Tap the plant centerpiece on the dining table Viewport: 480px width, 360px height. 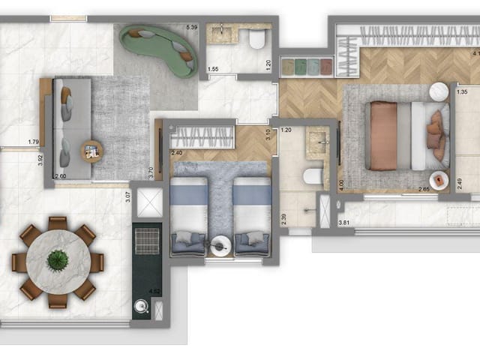pyautogui.click(x=58, y=259)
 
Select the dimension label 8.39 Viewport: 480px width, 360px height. pyautogui.click(x=191, y=28)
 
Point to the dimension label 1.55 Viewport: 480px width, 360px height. pyautogui.click(x=213, y=69)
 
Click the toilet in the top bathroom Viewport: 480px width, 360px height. pyautogui.click(x=257, y=40)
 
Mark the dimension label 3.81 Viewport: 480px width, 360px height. pyautogui.click(x=344, y=223)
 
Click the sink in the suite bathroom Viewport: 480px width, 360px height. pyautogui.click(x=318, y=139)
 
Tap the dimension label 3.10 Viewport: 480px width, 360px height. pyautogui.click(x=268, y=136)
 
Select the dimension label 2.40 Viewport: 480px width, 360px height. pyautogui.click(x=177, y=153)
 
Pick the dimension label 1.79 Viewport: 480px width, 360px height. pyautogui.click(x=33, y=142)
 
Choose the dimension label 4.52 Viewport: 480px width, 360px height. pyautogui.click(x=154, y=292)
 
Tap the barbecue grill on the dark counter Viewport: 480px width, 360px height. pyautogui.click(x=147, y=241)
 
